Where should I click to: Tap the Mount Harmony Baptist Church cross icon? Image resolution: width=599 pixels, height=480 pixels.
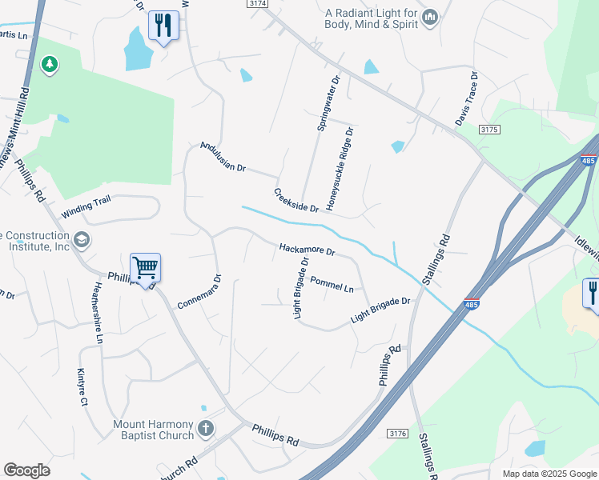pos(205,429)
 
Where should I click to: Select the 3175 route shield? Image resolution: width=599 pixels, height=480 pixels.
pos(489,129)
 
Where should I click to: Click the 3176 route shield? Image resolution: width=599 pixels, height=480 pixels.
pos(397,434)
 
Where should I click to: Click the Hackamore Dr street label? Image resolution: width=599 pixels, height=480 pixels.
pos(306,250)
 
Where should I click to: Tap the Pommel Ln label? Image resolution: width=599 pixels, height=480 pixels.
pos(332,284)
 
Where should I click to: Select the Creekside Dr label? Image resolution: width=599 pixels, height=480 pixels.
pos(296,201)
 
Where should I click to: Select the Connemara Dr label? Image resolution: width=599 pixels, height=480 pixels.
pos(198,295)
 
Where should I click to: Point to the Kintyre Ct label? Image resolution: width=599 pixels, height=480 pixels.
pos(82,387)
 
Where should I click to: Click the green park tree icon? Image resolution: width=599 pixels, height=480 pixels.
pos(50,64)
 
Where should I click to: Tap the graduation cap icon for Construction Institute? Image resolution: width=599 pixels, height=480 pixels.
pos(81,240)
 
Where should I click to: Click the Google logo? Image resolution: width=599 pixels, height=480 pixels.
pos(26,470)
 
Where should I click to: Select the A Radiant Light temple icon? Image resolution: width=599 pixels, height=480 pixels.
pos(430,17)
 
